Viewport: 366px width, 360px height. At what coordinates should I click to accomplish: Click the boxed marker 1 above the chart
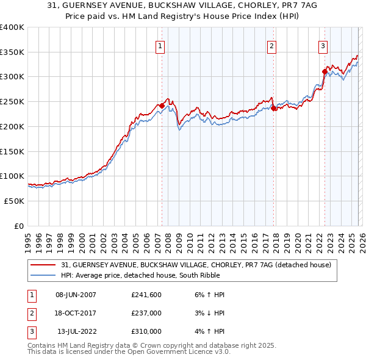coord(160,45)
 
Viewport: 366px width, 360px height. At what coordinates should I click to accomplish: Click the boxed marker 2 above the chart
coord(271,45)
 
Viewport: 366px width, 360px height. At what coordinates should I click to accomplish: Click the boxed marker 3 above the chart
coord(323,45)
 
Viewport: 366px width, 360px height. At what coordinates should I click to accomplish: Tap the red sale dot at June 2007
coord(162,106)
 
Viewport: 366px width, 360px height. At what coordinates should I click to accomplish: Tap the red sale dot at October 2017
coord(273,108)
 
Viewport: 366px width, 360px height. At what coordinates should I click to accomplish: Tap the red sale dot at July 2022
coord(325,71)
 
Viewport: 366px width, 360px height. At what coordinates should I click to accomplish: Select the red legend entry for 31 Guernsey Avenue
coord(196,265)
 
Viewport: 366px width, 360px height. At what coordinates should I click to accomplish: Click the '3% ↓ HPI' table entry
coord(207,313)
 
